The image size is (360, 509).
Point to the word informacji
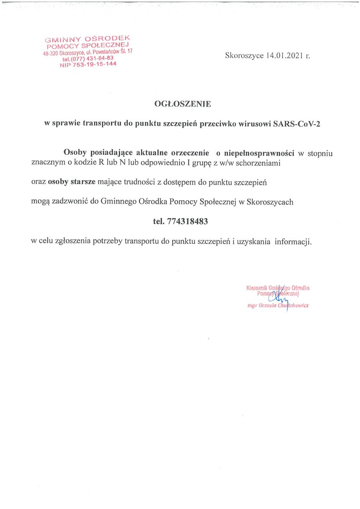click(293, 242)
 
